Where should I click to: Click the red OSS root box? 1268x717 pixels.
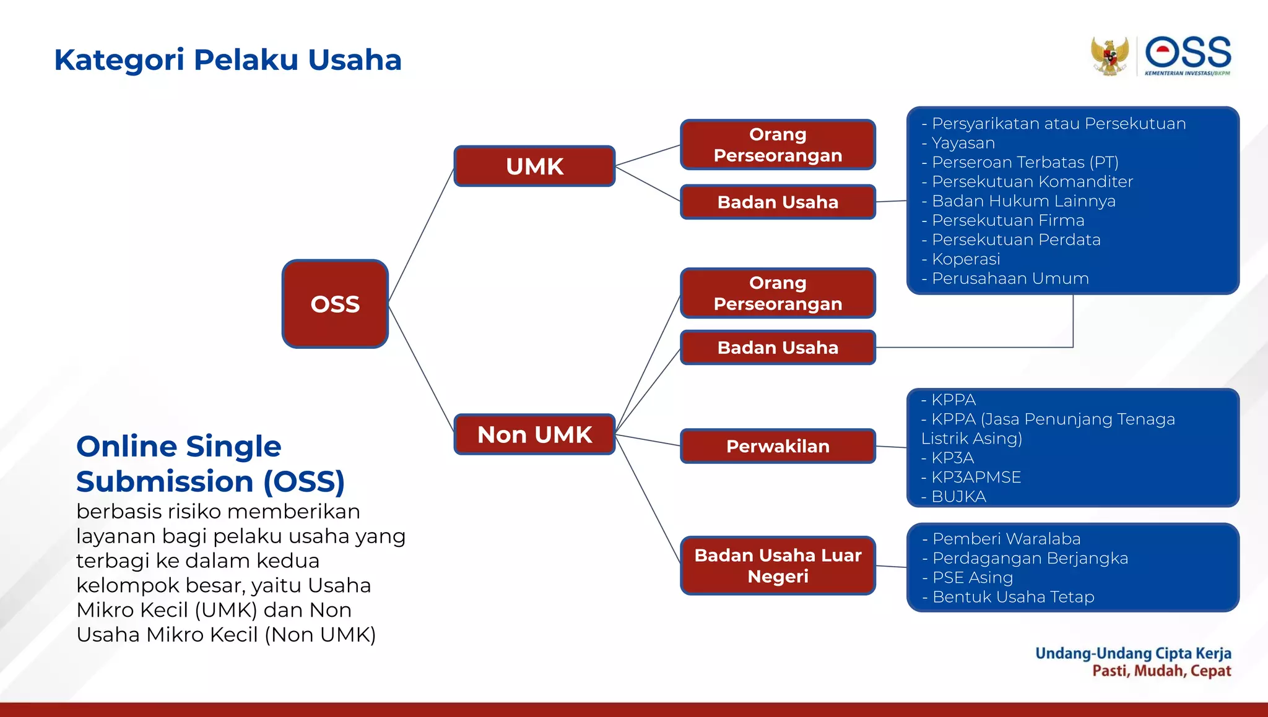coord(335,304)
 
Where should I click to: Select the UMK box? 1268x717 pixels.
coord(534,166)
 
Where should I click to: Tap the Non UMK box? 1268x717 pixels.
coord(534,434)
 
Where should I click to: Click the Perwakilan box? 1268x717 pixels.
coord(778,446)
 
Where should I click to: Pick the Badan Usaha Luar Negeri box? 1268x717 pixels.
coord(778,565)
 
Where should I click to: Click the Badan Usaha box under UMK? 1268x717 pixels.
coord(778,202)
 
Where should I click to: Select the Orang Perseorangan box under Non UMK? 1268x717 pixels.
coord(778,293)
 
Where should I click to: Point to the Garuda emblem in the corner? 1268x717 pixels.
coord(1109,56)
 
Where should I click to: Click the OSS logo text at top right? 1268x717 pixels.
coord(1188,53)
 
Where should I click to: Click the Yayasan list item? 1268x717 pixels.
coord(963,143)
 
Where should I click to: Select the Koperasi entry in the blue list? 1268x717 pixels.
coord(965,259)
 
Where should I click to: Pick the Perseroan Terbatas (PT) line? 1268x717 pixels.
coord(1025,162)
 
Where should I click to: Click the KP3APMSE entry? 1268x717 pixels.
coord(976,477)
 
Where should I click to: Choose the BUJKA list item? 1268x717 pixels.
coord(958,496)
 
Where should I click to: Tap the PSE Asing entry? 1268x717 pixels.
coord(972,577)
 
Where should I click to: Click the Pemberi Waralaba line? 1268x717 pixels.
coord(1006,539)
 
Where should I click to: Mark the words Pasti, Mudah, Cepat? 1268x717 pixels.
coord(1161,671)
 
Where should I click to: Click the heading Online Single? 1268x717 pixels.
coord(178,446)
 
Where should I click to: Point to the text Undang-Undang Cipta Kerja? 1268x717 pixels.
coord(1132,653)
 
